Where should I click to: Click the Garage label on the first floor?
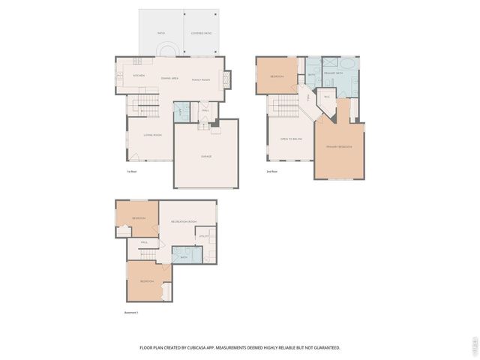[x=205, y=156]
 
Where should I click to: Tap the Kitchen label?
[x=138, y=76]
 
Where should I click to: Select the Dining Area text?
[x=169, y=78]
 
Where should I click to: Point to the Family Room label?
[x=200, y=79]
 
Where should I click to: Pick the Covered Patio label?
[x=202, y=33]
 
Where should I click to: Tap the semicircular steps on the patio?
[x=167, y=50]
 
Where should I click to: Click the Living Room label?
[x=153, y=135]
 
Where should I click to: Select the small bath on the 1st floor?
[x=181, y=112]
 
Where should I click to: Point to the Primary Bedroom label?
[x=339, y=146]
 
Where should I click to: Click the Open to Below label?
[x=290, y=139]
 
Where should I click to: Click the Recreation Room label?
[x=183, y=222]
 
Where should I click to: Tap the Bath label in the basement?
[x=184, y=257]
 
